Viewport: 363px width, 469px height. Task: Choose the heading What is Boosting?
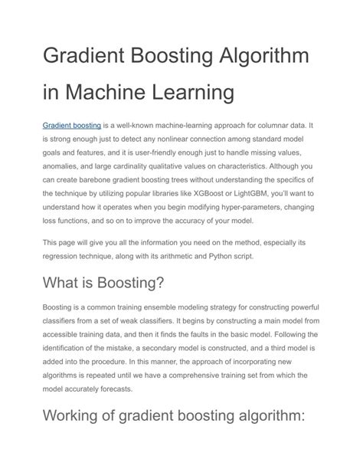point(103,284)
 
